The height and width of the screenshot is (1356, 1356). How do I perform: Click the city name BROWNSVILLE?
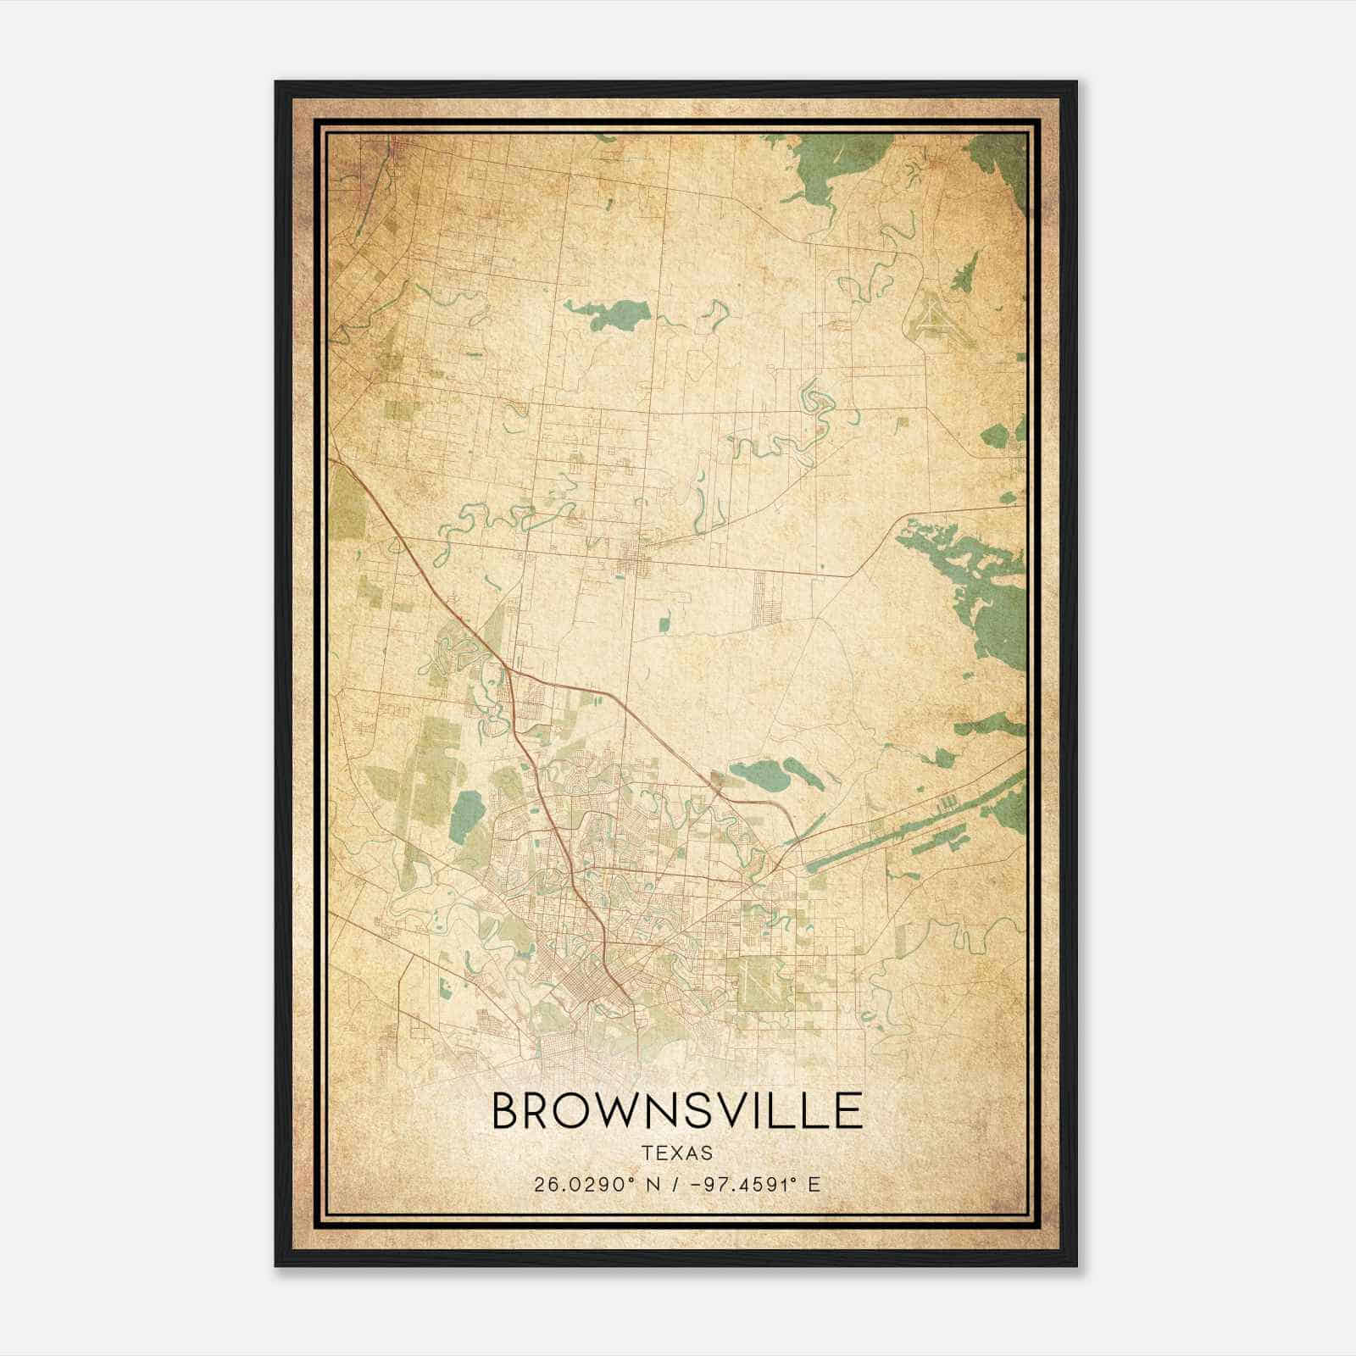(x=677, y=1110)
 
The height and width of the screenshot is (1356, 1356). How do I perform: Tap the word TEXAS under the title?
(x=677, y=1153)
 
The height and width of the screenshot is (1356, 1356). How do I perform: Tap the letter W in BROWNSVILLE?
(x=627, y=1110)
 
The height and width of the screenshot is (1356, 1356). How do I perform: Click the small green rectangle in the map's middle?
(x=664, y=625)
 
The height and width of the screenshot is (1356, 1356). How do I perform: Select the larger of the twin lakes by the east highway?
(x=759, y=773)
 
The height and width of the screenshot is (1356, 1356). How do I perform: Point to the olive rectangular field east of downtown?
(x=763, y=983)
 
